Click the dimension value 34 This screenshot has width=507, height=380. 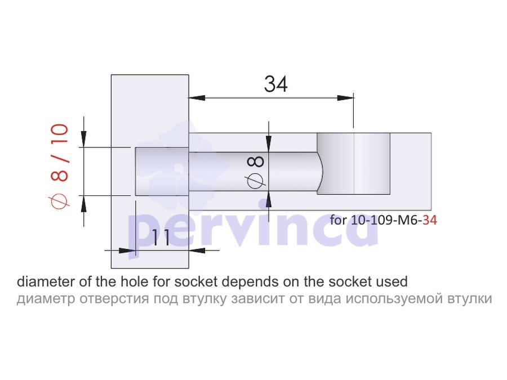pos(276,84)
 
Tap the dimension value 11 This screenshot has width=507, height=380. pos(161,238)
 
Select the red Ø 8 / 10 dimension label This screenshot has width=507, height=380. pos(59,166)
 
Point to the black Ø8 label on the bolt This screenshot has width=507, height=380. pos(256,172)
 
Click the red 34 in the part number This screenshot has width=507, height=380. pos(430,220)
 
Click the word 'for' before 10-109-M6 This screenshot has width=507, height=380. pos(338,220)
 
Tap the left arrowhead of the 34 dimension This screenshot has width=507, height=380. pos(197,97)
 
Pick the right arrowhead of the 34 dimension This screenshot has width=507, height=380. pos(345,97)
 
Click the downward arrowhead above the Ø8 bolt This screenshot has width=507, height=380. pos(269,144)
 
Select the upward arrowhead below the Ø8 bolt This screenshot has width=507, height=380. pos(268,199)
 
